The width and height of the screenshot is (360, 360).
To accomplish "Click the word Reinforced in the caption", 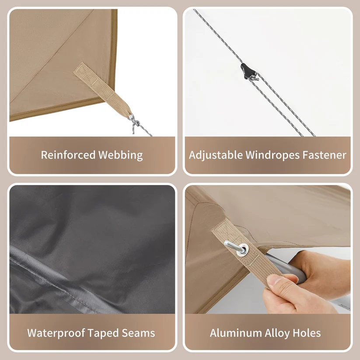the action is pos(68,155).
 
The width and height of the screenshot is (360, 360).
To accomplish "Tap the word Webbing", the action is pos(121,155).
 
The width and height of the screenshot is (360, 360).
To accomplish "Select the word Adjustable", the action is pos(216,155).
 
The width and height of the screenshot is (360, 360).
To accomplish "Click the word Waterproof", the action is pos(56,333).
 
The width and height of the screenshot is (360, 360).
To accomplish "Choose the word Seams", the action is pos(138,333).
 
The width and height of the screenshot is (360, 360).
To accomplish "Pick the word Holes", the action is pos(307,333).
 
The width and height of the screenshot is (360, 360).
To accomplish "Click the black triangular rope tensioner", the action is pos(246,70).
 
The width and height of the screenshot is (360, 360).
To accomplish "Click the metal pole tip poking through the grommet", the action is pos(234,246).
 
